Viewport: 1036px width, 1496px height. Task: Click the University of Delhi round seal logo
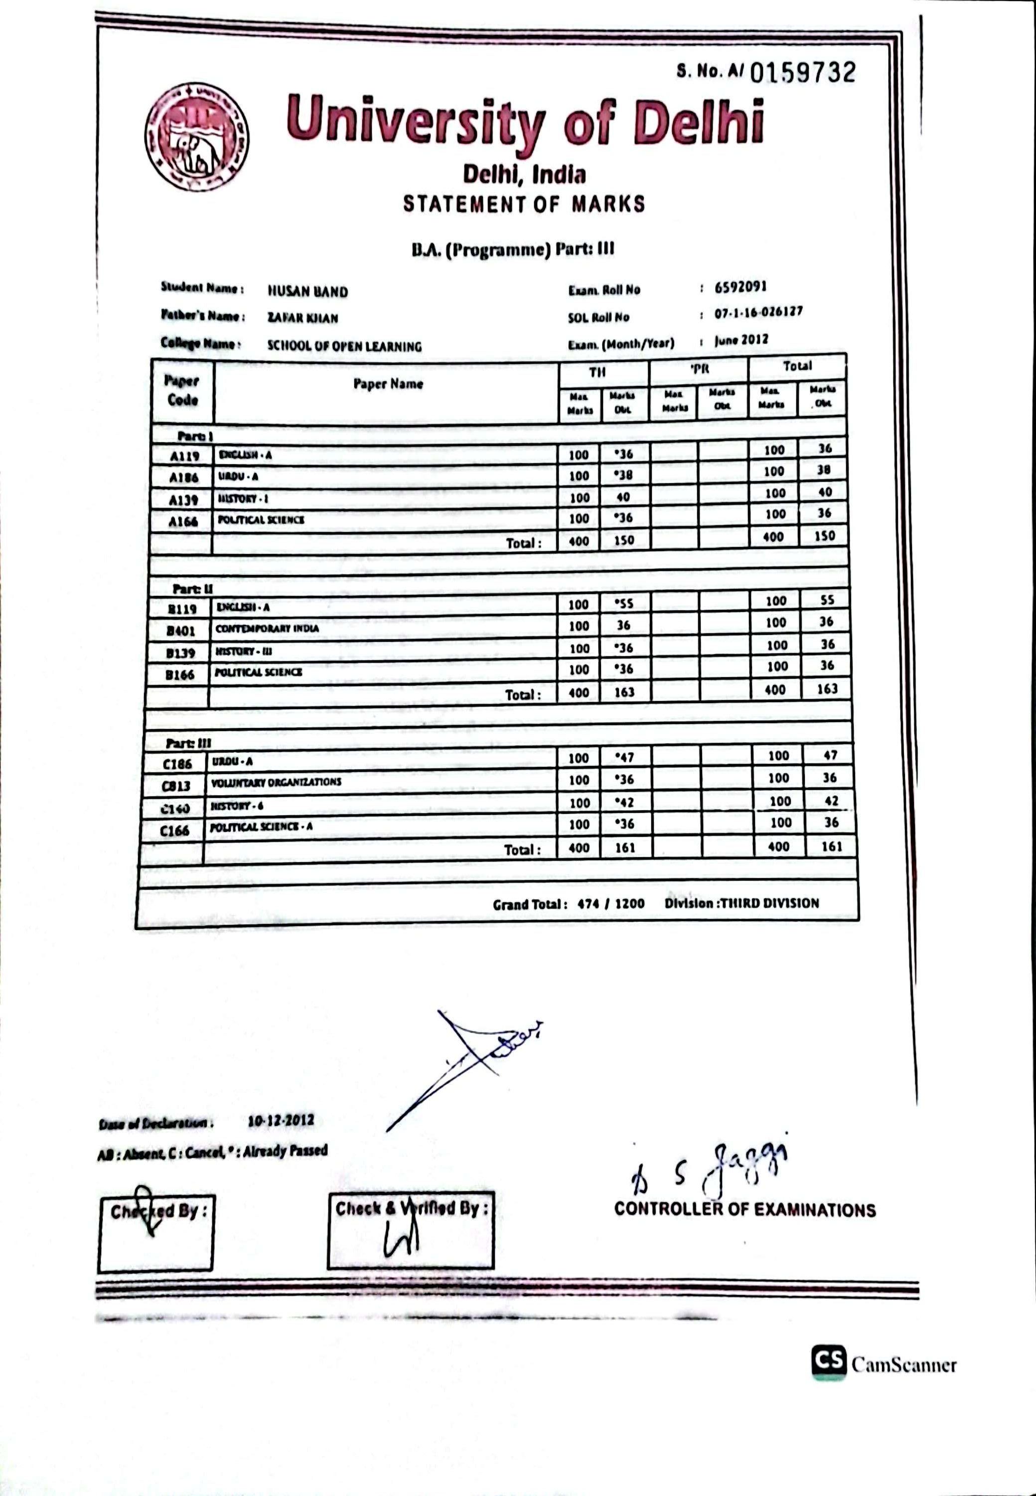(197, 139)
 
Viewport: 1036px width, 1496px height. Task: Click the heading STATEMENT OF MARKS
(524, 204)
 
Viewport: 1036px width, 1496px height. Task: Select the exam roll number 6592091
(740, 287)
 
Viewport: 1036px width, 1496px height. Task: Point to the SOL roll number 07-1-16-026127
(758, 313)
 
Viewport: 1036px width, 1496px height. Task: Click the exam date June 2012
(741, 340)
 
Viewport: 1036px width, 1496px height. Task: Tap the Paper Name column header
(388, 384)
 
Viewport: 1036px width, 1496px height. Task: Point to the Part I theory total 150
(623, 541)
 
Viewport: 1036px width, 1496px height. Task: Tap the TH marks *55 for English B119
(623, 603)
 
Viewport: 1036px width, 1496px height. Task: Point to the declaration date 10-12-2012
(281, 1121)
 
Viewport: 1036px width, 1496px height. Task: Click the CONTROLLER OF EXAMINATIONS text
(744, 1210)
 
